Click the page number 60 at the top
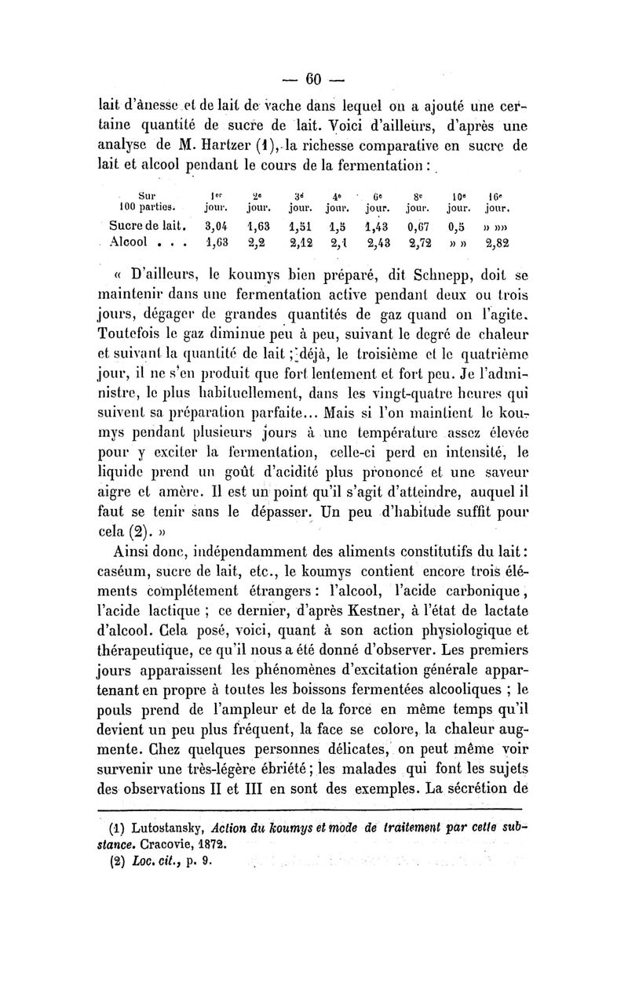(x=315, y=78)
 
